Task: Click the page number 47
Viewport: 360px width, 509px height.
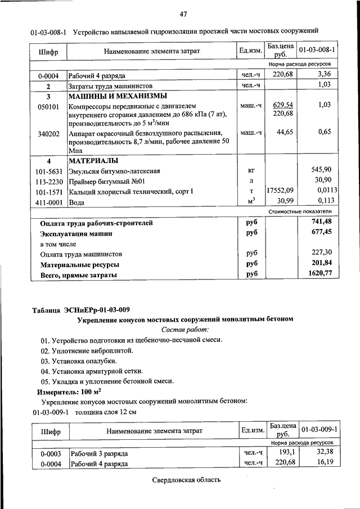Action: pyautogui.click(x=184, y=14)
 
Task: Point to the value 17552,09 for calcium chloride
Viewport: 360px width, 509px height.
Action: pyautogui.click(x=281, y=191)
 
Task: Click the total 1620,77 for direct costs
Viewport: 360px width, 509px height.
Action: pyautogui.click(x=321, y=274)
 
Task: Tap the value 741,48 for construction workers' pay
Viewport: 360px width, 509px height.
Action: pyautogui.click(x=322, y=223)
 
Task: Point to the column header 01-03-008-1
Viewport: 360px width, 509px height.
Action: pyautogui.click(x=317, y=51)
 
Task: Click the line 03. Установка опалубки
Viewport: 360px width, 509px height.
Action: pyautogui.click(x=78, y=361)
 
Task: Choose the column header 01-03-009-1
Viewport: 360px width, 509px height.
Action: pyautogui.click(x=319, y=430)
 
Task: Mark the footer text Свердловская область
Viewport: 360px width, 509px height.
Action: pyautogui.click(x=186, y=480)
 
